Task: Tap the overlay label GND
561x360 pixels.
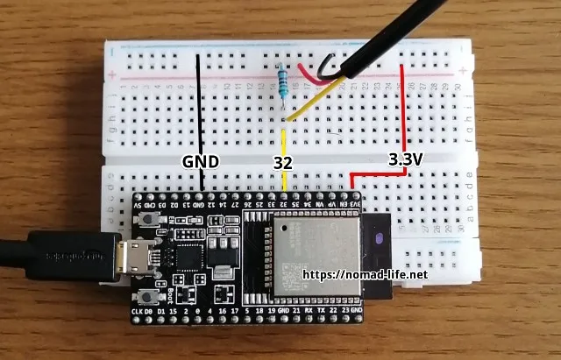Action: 200,161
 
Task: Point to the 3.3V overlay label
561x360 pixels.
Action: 406,159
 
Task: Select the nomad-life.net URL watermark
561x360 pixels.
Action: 366,274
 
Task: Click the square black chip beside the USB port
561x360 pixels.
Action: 188,259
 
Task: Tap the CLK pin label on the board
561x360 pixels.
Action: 138,312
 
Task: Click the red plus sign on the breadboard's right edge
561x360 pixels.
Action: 462,71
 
